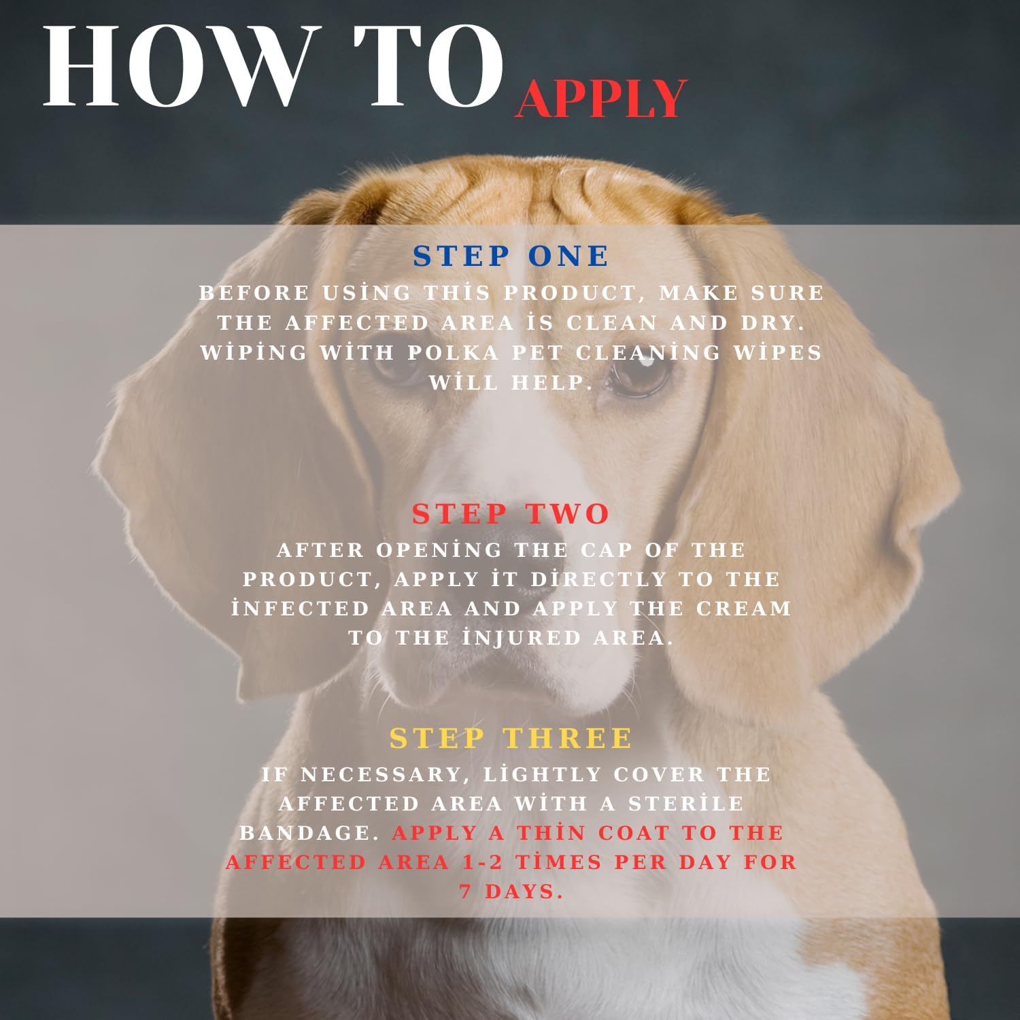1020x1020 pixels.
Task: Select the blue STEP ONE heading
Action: click(511, 256)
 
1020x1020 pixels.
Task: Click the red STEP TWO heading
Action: click(511, 514)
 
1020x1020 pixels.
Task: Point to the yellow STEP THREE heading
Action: click(511, 738)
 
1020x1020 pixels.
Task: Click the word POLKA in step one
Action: click(453, 353)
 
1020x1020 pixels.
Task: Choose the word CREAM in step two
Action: click(745, 609)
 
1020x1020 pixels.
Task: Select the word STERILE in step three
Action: click(686, 804)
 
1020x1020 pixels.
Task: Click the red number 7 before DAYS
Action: click(466, 891)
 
